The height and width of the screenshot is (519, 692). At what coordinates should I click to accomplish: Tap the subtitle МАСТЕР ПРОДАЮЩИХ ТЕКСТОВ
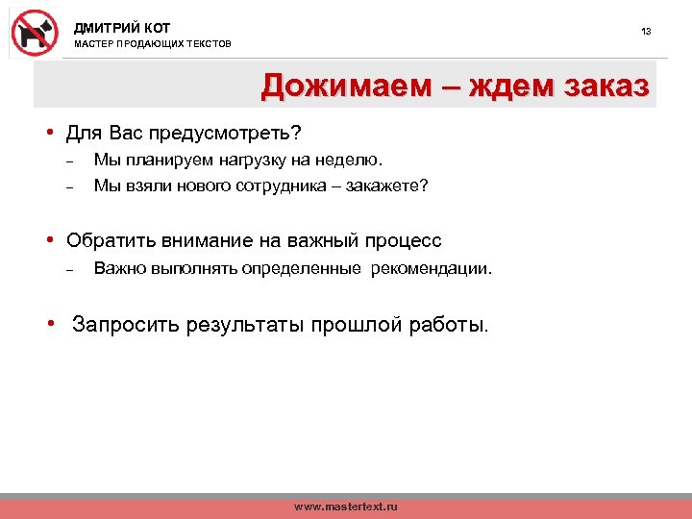click(153, 45)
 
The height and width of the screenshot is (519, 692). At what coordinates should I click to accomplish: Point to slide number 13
click(646, 32)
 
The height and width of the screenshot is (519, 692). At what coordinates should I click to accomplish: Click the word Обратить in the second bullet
click(106, 240)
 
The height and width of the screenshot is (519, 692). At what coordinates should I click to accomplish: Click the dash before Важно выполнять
click(69, 269)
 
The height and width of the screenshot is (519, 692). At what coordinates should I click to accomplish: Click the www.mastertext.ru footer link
click(345, 506)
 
